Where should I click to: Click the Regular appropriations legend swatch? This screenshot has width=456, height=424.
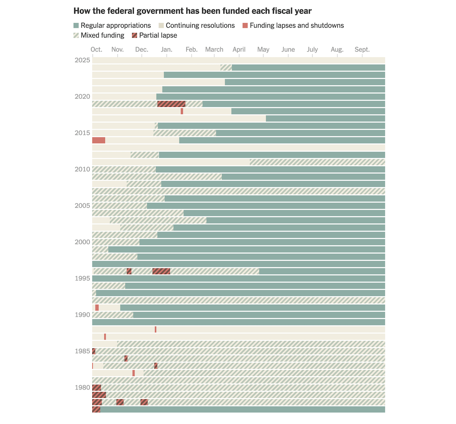pos(76,25)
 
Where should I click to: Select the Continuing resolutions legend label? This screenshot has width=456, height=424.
pos(200,25)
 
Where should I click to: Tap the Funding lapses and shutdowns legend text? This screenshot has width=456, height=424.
pos(297,25)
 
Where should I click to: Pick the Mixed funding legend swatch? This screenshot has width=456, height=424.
pos(76,35)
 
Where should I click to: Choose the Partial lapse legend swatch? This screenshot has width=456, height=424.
pos(135,35)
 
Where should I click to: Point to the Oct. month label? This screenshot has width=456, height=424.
pos(97,49)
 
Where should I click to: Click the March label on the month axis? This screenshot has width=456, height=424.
pos(214,49)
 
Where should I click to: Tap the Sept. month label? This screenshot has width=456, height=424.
pos(362,49)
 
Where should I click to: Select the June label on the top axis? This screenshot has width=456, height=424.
pos(288,49)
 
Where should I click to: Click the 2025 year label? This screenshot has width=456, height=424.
pos(82,60)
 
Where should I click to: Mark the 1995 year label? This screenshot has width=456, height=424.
pos(82,278)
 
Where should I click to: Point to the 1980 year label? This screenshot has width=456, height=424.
pos(82,387)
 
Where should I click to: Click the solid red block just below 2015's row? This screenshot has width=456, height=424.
pos(99,140)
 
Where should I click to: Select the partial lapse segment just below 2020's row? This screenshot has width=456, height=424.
pos(171,104)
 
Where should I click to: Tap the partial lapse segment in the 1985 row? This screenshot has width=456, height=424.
pos(94,351)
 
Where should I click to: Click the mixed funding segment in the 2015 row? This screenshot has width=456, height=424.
pos(185,133)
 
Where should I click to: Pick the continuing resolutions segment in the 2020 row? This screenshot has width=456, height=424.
pos(124,97)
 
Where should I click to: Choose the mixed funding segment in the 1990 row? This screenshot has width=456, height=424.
pos(113,315)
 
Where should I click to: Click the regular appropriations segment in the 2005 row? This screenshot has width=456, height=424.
pos(266,206)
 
